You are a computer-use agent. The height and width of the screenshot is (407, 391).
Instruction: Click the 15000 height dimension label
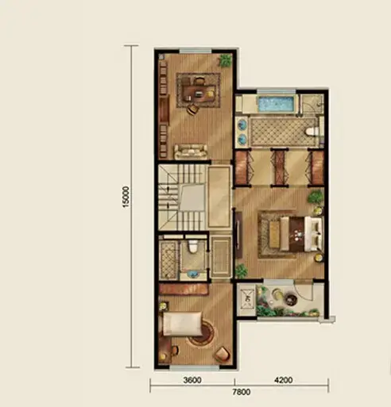click(x=126, y=197)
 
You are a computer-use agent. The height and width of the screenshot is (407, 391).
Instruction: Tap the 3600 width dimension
click(x=192, y=380)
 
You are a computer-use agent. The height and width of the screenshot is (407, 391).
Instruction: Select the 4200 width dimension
click(x=284, y=380)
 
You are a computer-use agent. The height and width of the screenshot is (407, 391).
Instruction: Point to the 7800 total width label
click(x=242, y=392)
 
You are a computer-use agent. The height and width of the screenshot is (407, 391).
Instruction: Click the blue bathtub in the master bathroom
click(x=277, y=104)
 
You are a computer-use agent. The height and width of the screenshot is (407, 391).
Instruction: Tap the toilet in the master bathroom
click(x=312, y=132)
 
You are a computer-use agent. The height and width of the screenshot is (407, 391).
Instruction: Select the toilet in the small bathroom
click(x=192, y=246)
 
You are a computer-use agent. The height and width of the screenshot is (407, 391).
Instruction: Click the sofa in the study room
click(x=191, y=152)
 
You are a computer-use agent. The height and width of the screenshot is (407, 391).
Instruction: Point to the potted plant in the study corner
click(x=226, y=60)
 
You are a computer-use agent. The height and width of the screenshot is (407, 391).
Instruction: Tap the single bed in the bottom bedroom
click(x=182, y=324)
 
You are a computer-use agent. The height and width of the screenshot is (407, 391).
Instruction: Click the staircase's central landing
click(x=192, y=198)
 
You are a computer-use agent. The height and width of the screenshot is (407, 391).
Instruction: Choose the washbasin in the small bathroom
click(x=193, y=274)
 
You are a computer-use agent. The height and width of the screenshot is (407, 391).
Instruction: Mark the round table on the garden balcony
click(x=291, y=300)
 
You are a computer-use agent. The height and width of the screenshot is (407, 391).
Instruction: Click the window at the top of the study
click(x=195, y=51)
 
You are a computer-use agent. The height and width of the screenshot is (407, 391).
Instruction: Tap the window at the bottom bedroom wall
click(x=195, y=367)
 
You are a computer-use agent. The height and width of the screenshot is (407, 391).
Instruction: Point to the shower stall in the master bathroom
click(x=312, y=104)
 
